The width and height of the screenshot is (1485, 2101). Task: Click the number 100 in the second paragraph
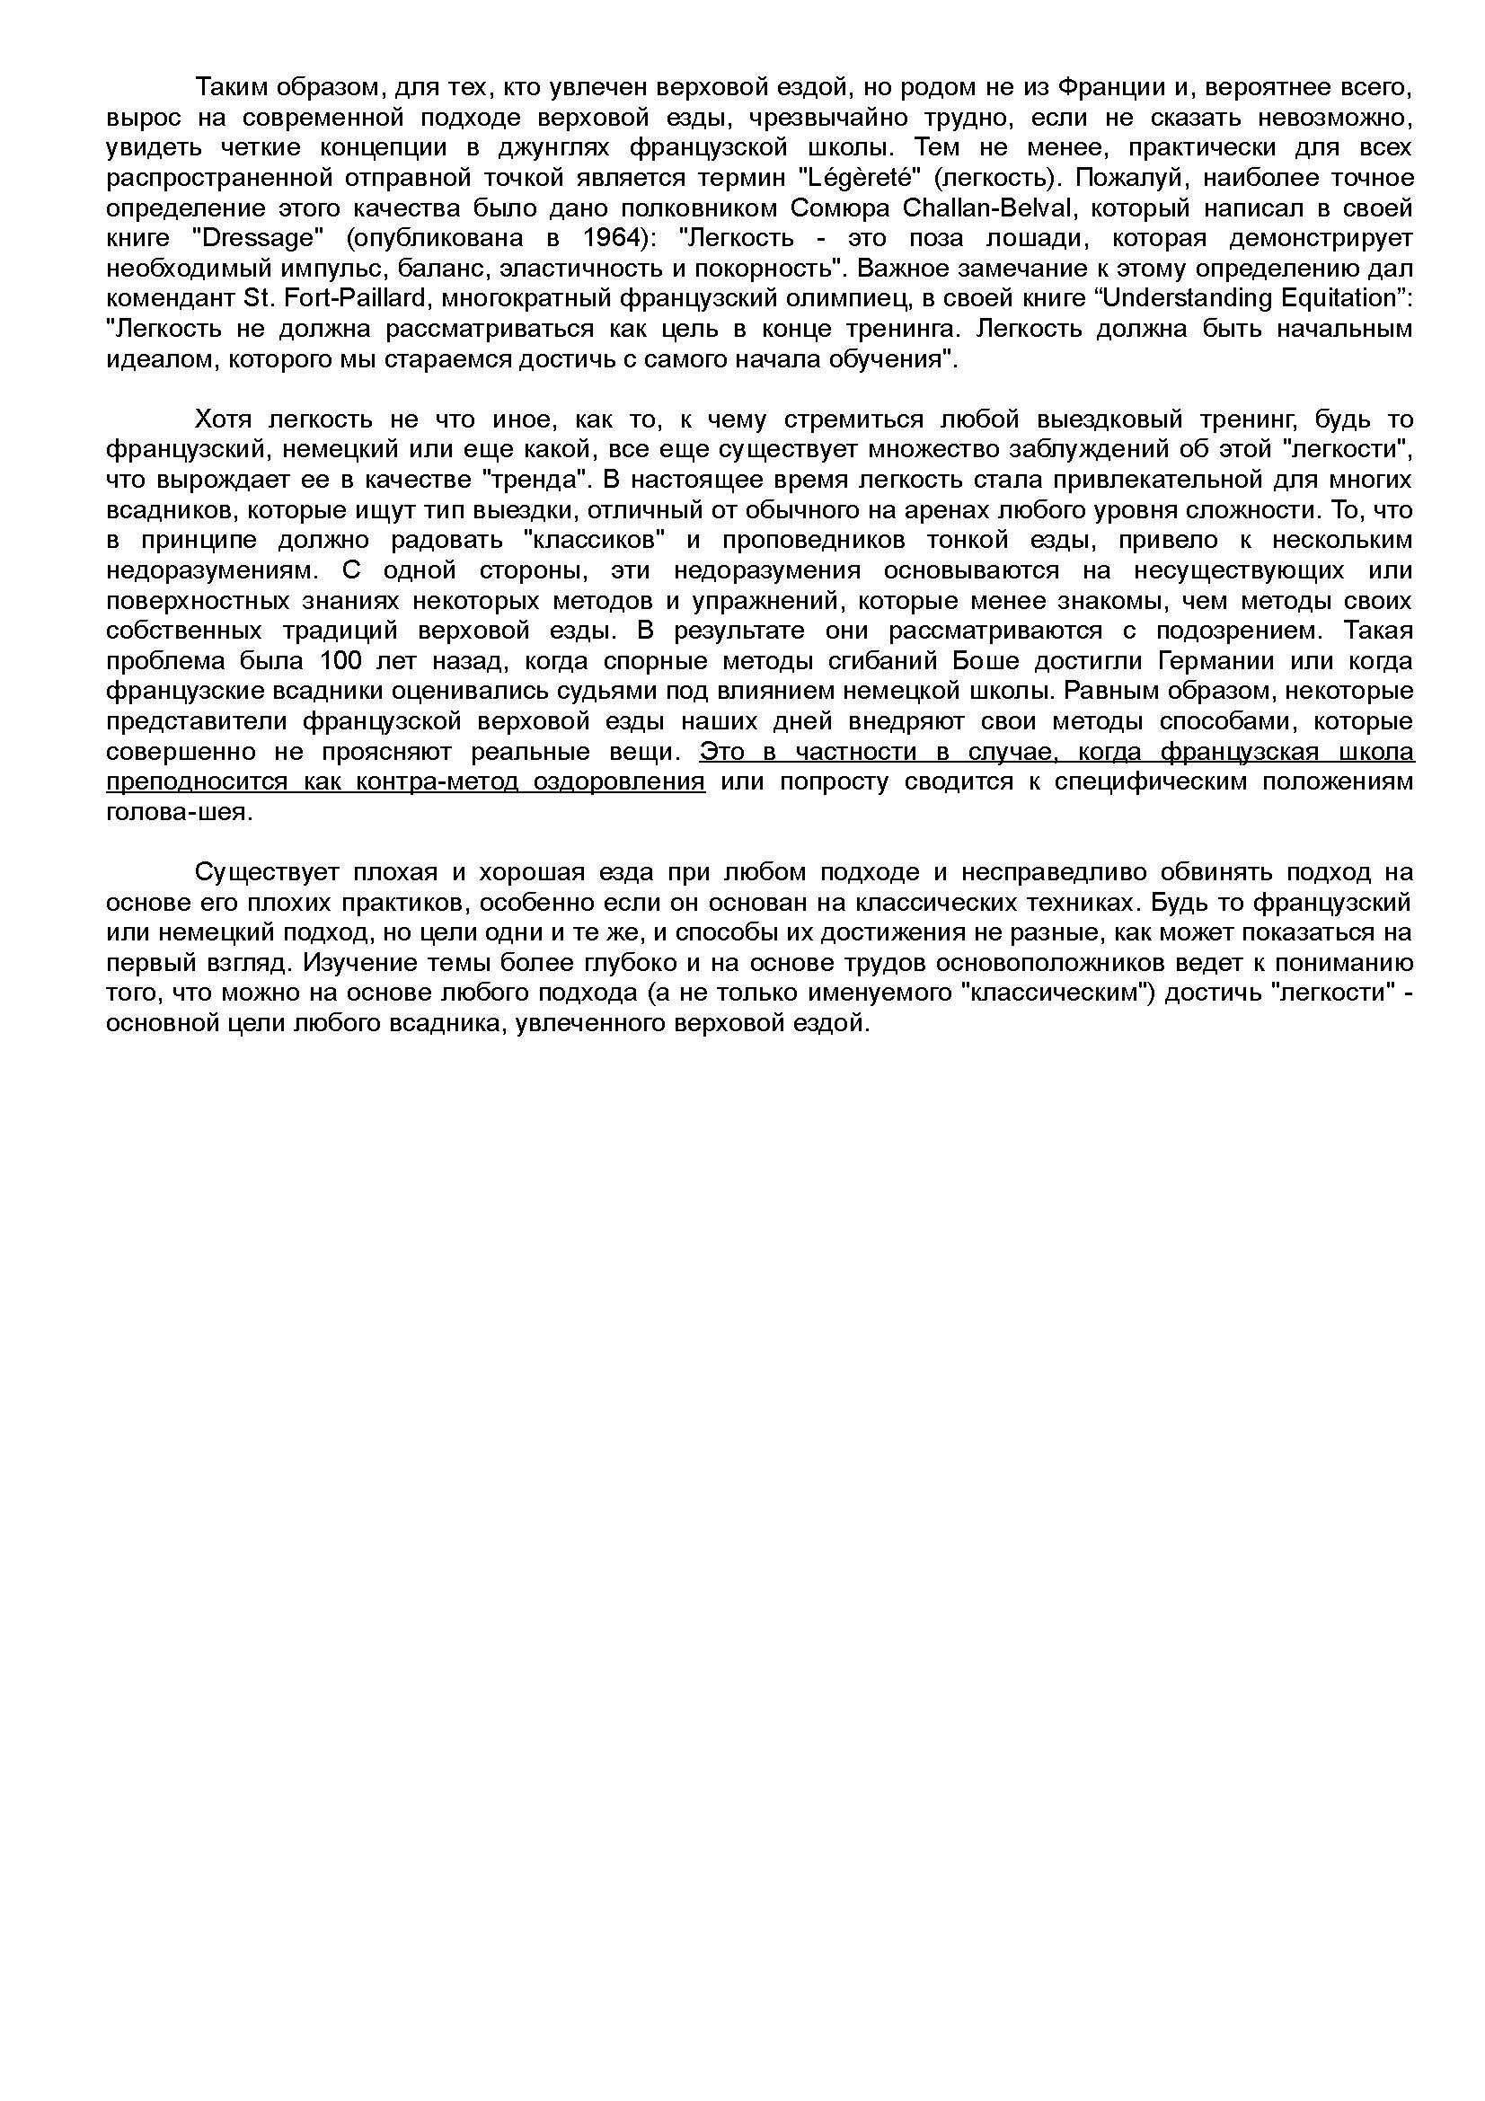tap(343, 661)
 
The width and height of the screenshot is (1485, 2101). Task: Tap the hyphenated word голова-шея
tap(178, 813)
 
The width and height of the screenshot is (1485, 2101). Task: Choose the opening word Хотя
tap(225, 420)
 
